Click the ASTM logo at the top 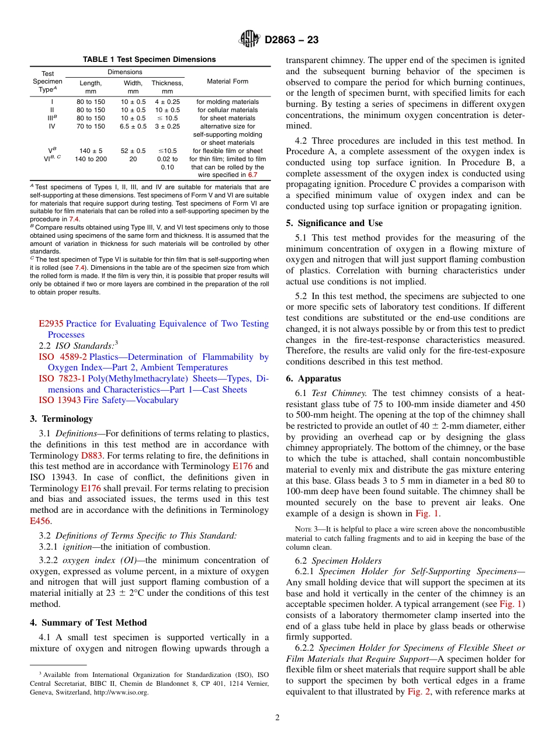pos(249,40)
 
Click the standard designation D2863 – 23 pos(292,40)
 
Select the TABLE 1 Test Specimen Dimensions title pos(149,60)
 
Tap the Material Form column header pos(227,81)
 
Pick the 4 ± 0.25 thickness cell pos(167,102)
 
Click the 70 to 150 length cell pos(91,126)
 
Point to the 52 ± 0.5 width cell pos(133,151)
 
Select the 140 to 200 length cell pos(91,159)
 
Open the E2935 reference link pos(51,324)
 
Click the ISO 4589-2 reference pos(63,357)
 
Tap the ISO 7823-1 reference pos(63,379)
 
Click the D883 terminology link pos(91,455)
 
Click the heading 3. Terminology pos(61,419)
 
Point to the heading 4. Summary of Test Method pos(88,623)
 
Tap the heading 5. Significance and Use pos(334,223)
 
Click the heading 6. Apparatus pos(313,379)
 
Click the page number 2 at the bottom pos(277,718)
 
